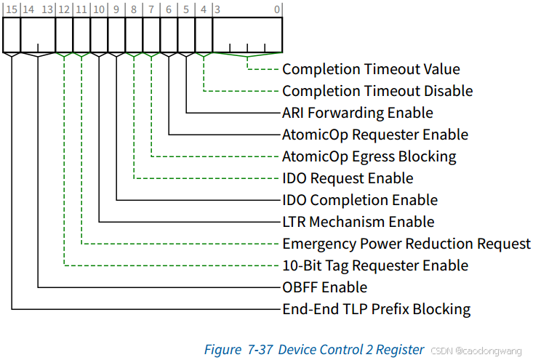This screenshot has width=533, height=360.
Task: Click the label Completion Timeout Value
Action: point(371,69)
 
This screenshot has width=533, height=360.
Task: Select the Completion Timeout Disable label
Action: point(377,91)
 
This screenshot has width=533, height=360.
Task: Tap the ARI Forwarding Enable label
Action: point(357,113)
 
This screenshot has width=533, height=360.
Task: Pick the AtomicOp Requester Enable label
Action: point(374,135)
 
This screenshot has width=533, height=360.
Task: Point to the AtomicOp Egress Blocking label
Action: point(369,156)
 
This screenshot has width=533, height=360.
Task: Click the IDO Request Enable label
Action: point(348,178)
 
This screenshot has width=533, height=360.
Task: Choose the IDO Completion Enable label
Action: point(360,200)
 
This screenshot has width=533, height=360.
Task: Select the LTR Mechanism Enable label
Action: point(358,222)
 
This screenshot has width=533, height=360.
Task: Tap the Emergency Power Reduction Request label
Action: point(406,244)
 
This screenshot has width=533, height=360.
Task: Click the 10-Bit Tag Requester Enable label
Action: point(374,265)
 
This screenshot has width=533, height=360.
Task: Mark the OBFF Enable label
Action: point(324,287)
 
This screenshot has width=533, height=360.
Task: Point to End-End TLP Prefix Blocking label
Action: point(376,309)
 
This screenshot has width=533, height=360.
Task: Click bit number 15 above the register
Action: point(11,9)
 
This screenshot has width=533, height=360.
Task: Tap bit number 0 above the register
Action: point(277,9)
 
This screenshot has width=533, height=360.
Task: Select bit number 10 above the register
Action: point(99,9)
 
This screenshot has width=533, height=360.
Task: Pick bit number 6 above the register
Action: point(169,9)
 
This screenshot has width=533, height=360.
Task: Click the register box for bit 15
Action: point(12,34)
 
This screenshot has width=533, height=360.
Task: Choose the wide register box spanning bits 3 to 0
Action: point(247,34)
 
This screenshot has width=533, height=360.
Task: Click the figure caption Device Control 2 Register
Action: point(314,350)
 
